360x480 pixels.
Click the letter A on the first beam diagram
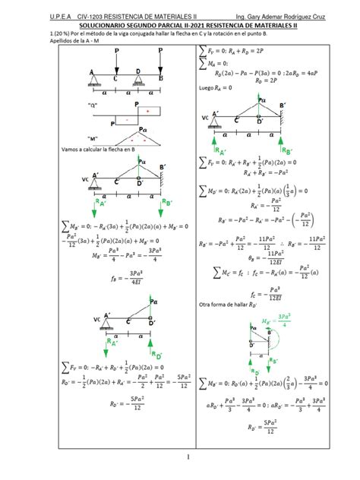click(91, 73)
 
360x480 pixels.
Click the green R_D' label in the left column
click(158, 353)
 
